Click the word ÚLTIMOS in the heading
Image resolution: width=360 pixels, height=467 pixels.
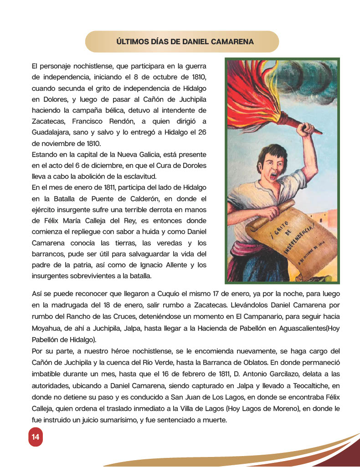tap(133, 42)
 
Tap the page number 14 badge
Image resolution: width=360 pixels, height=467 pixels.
tap(35, 437)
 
